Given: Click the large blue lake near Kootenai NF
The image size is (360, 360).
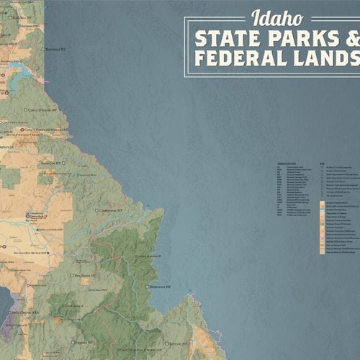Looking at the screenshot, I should (x=16, y=71).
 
